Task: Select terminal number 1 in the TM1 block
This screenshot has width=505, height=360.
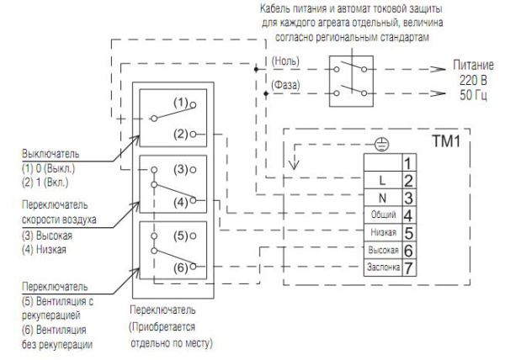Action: (407, 161)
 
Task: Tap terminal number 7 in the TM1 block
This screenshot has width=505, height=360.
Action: (407, 268)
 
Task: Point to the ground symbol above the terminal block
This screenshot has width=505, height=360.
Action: (380, 146)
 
